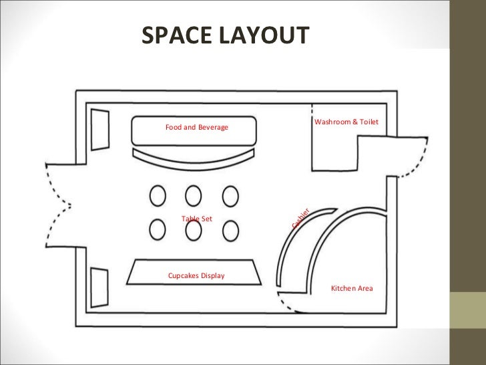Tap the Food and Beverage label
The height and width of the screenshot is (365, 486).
197,127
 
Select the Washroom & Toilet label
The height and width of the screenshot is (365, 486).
346,122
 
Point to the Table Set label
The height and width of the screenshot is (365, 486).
196,219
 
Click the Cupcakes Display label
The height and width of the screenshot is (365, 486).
196,276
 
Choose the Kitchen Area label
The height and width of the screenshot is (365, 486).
352,288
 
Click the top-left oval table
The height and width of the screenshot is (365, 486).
158,196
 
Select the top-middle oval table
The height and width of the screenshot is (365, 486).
194,196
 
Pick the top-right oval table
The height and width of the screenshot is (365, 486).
230,196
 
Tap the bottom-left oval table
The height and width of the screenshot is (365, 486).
158,229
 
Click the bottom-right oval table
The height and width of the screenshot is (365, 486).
230,229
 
